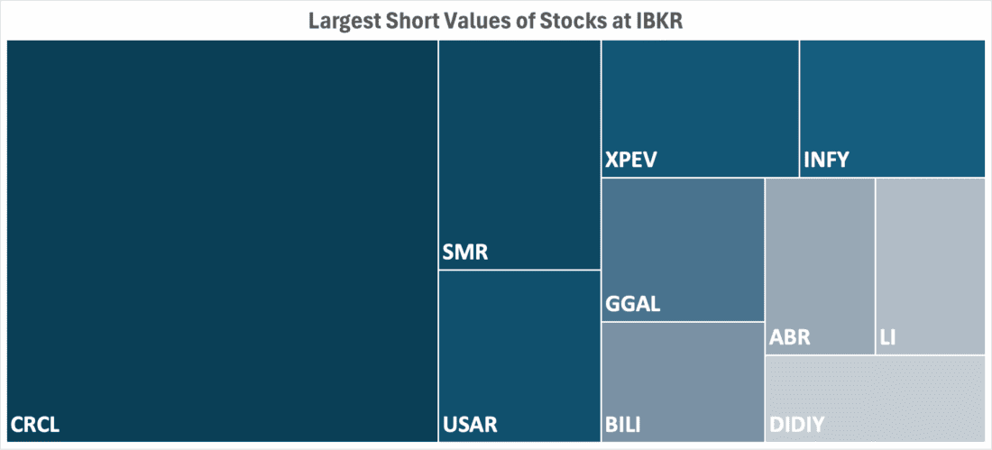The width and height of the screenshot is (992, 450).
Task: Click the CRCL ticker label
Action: pyautogui.click(x=35, y=424)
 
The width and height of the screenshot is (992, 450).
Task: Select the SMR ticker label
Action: pyautogui.click(x=465, y=253)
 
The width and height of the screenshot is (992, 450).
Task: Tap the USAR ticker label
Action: pyautogui.click(x=471, y=424)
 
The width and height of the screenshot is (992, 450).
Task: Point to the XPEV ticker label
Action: pyautogui.click(x=631, y=162)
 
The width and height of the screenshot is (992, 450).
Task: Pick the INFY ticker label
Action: pyautogui.click(x=826, y=162)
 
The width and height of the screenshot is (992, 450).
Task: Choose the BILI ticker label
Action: pyautogui.click(x=624, y=424)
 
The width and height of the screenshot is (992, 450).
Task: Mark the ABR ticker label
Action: pyautogui.click(x=790, y=339)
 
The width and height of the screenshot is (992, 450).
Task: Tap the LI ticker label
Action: pyautogui.click(x=887, y=339)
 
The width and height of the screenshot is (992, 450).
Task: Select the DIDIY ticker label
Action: pyautogui.click(x=796, y=424)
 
